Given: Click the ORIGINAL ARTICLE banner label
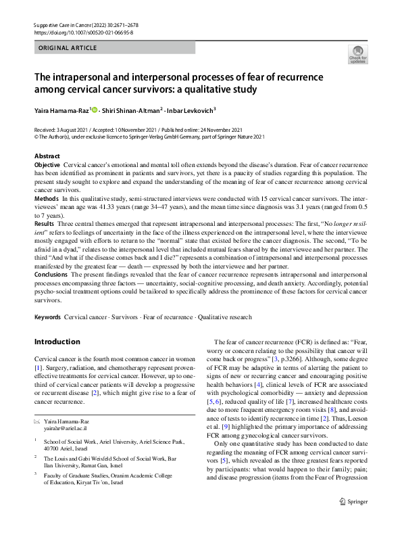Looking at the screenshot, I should click(x=68, y=49).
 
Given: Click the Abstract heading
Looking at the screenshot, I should click(x=47, y=156).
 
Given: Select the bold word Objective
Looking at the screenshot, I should click(x=47, y=165).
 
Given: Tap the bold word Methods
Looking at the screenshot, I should click(x=46, y=200).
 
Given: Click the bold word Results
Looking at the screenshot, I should click(x=45, y=223).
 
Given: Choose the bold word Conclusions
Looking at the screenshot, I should click(x=51, y=275).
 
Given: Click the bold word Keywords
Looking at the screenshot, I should click(x=48, y=317).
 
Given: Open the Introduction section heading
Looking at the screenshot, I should click(x=57, y=342).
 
